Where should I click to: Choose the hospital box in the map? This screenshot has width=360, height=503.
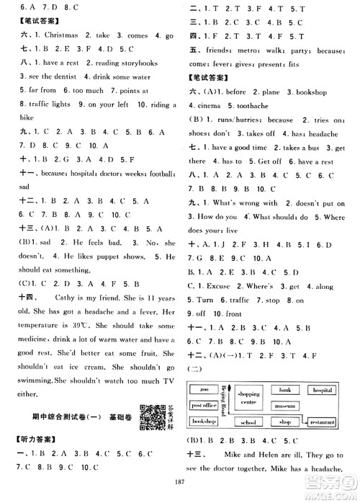pos(323,390)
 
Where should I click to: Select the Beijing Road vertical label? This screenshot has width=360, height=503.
pos(224,399)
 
